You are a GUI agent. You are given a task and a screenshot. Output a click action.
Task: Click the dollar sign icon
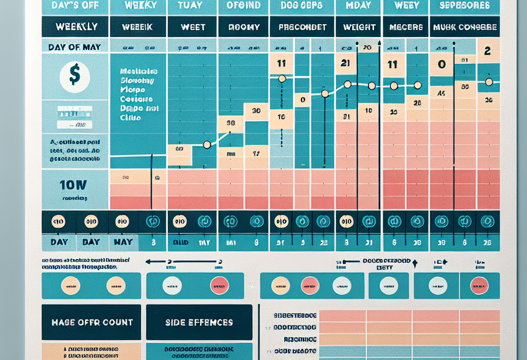coord(75,75)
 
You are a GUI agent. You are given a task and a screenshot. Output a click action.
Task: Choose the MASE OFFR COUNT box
coord(91,322)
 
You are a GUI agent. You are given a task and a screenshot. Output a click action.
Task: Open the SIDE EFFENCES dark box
coord(199,322)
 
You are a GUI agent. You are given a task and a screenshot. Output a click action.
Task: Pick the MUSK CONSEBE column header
coord(465,27)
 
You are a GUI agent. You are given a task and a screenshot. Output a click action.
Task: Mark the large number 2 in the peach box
coord(488,51)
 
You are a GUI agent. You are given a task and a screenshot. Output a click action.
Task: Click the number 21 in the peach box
coord(345,64)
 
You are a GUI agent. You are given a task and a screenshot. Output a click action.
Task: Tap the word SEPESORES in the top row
coord(465,6)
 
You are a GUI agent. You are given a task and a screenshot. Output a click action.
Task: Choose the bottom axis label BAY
coord(91,242)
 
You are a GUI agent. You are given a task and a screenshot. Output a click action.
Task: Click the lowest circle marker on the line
coord(207,145)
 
